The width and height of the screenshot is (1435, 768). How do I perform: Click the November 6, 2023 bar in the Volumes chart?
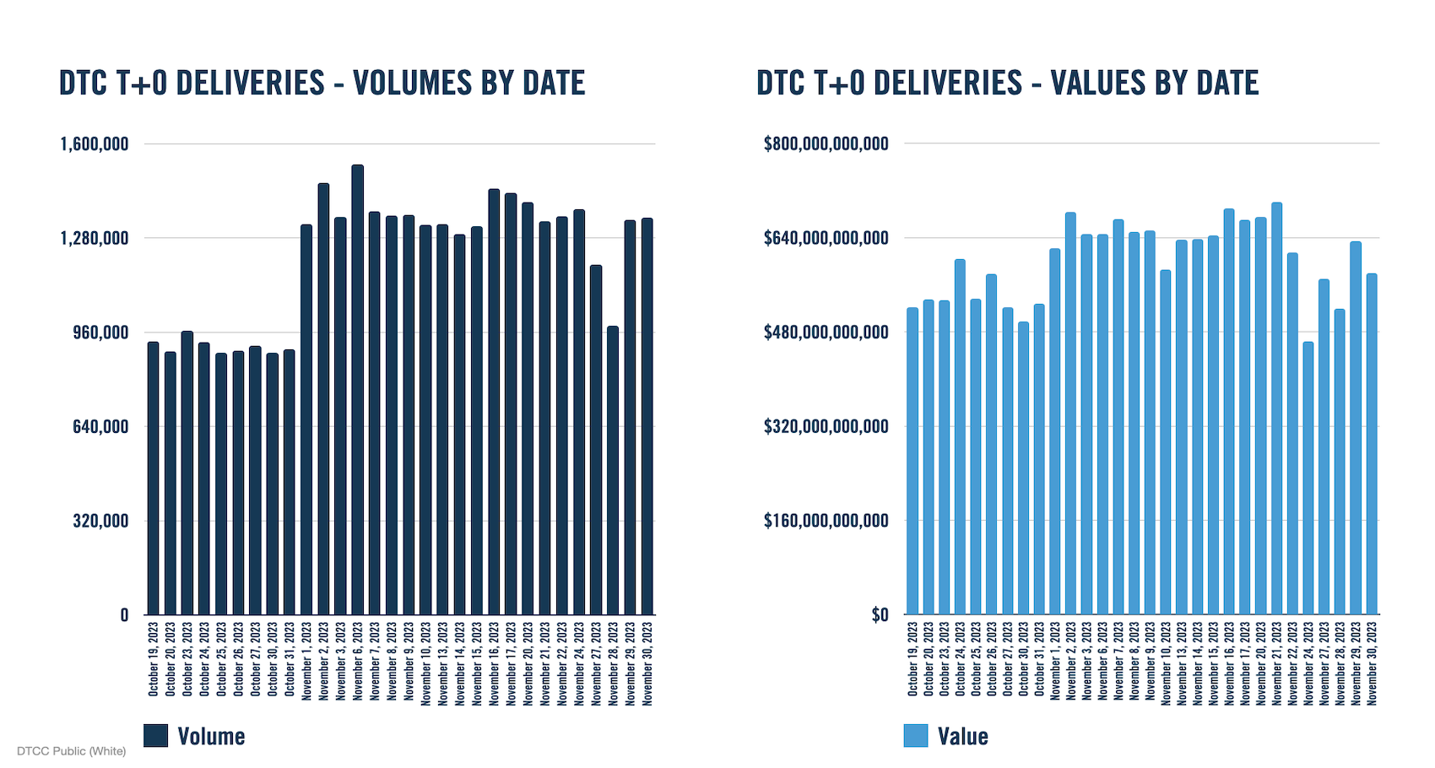point(358,388)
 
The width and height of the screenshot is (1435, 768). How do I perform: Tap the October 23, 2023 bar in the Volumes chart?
point(187,473)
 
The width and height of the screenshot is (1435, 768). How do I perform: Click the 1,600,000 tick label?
point(94,144)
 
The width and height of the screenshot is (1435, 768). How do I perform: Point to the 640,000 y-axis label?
point(100,427)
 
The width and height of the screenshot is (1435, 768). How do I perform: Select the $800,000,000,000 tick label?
point(826,144)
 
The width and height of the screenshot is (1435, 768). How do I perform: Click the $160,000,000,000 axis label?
point(826,521)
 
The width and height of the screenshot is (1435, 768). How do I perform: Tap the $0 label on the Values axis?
point(880,615)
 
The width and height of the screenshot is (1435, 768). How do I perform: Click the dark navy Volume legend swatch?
point(155,736)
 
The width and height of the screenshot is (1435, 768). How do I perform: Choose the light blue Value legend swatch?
point(915,736)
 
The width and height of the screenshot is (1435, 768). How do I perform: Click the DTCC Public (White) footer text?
point(71,751)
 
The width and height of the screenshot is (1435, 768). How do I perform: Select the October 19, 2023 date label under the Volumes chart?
point(154,659)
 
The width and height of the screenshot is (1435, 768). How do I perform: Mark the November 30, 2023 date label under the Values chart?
point(1372,663)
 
